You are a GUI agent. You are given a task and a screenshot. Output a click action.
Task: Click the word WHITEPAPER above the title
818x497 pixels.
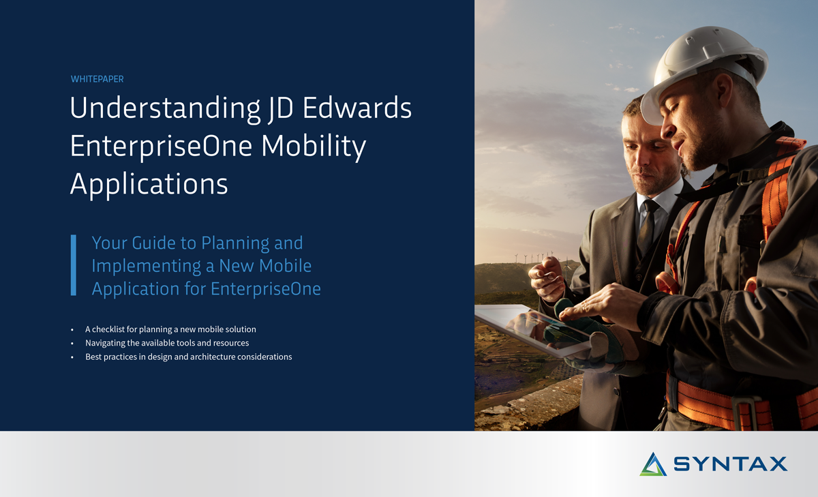point(97,79)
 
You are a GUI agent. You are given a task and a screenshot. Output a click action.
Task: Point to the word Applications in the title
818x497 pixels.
point(149,184)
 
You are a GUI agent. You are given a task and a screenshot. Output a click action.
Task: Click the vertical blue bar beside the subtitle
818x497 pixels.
point(73,265)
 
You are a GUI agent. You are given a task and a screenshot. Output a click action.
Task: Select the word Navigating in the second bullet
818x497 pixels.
point(105,343)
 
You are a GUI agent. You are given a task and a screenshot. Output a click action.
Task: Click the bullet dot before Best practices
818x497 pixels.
point(72,357)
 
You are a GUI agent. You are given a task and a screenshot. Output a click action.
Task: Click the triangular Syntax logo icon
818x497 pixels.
point(653,464)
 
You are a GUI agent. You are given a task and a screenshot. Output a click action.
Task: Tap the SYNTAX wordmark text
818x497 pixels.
point(730,464)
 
